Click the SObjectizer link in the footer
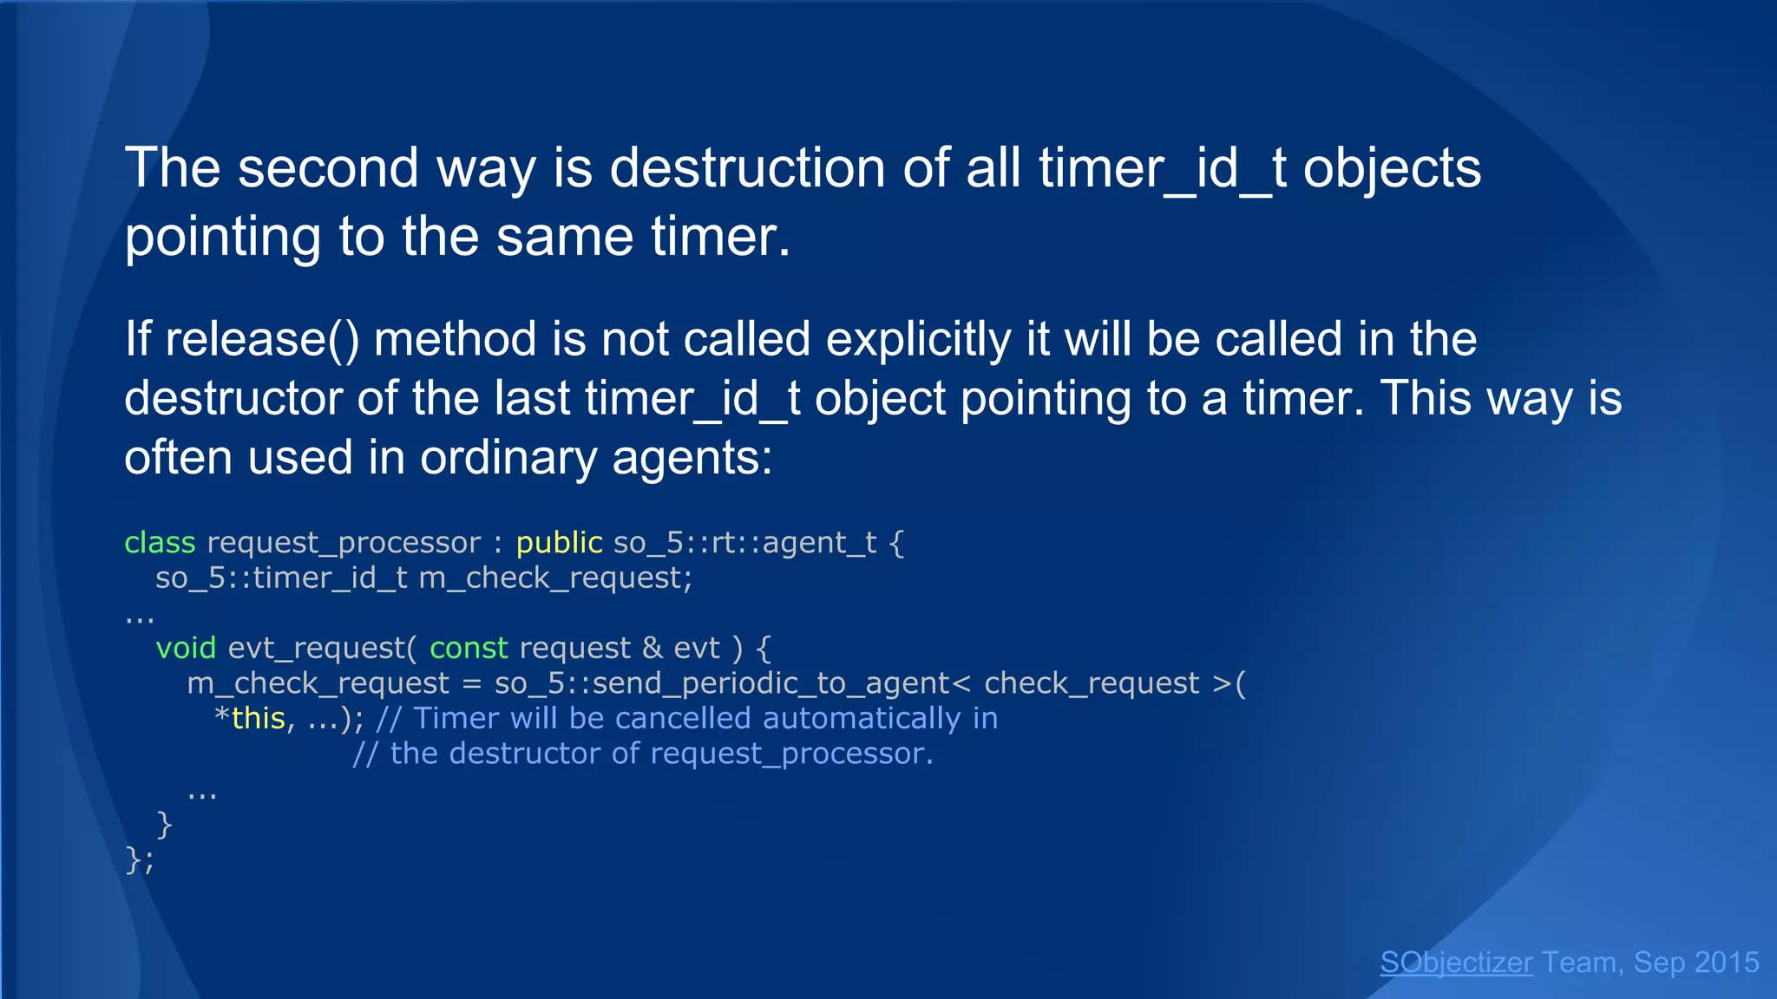[1456, 963]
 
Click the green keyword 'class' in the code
[160, 543]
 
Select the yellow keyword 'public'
[559, 543]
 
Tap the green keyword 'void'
[186, 648]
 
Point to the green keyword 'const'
[469, 648]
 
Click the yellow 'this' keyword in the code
[259, 719]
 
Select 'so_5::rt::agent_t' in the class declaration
[745, 543]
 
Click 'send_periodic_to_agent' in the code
[772, 683]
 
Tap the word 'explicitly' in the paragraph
[919, 338]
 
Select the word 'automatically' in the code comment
[862, 719]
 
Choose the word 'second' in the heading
[329, 167]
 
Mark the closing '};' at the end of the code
[140, 860]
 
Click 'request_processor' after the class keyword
[344, 543]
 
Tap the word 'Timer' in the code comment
[456, 719]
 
